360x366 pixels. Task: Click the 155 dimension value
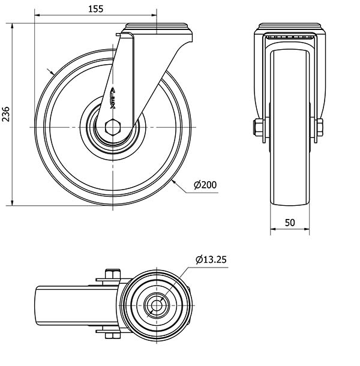(96, 9)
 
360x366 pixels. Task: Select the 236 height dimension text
(6, 114)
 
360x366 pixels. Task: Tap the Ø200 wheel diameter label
(205, 185)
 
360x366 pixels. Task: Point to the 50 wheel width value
(290, 223)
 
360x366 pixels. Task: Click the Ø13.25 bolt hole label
(211, 260)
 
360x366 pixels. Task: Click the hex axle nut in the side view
(113, 127)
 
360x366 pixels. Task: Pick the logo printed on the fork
(113, 98)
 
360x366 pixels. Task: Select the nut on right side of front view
(319, 127)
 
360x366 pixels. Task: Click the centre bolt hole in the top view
(157, 305)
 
